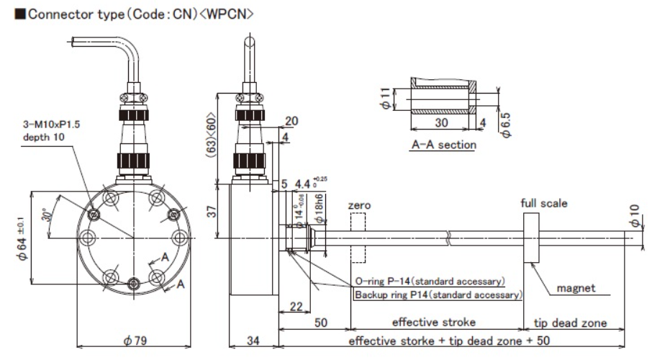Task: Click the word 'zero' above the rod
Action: pos(359,206)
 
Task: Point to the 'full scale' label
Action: pos(543,203)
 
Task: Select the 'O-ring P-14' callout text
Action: pos(429,281)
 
